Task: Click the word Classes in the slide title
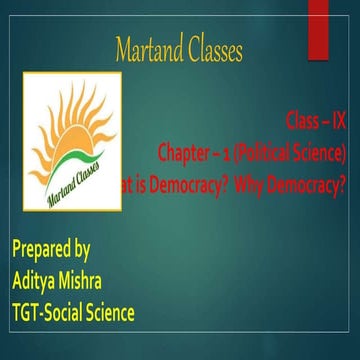click(209, 50)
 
